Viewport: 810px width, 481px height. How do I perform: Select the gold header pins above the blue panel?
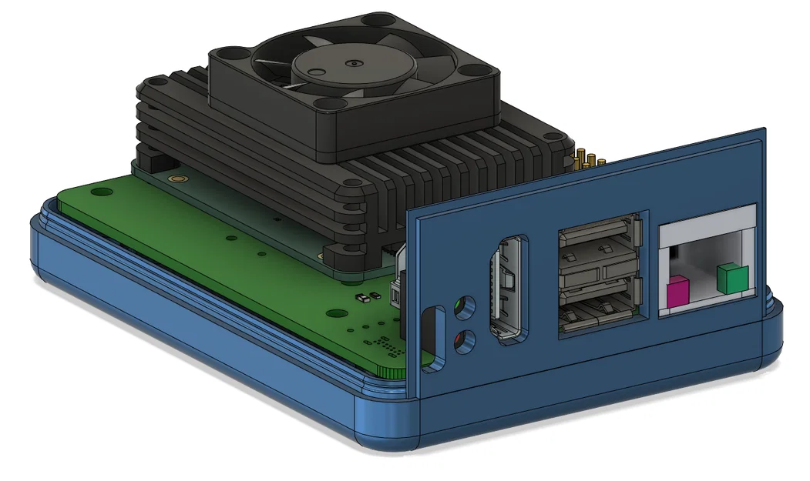pos(589,160)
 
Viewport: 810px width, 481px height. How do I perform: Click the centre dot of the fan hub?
pos(353,65)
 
